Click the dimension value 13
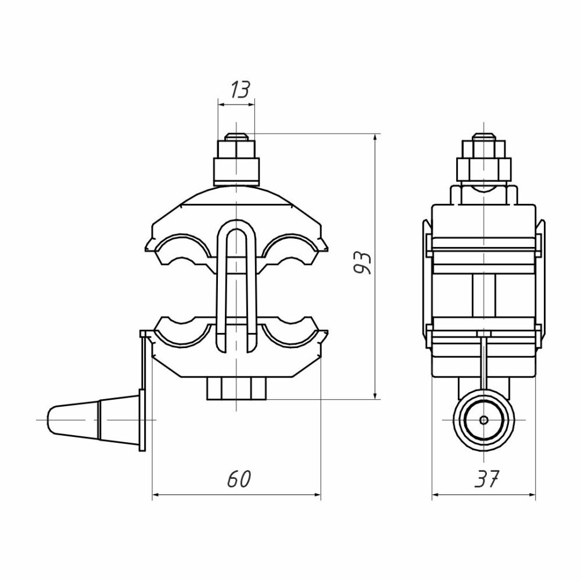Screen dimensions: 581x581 pyautogui.click(x=240, y=89)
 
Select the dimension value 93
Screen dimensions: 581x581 pyautogui.click(x=361, y=263)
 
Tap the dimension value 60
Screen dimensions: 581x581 pyautogui.click(x=239, y=479)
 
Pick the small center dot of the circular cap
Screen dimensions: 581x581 pyautogui.click(x=483, y=420)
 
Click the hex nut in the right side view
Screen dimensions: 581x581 pyautogui.click(x=484, y=169)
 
